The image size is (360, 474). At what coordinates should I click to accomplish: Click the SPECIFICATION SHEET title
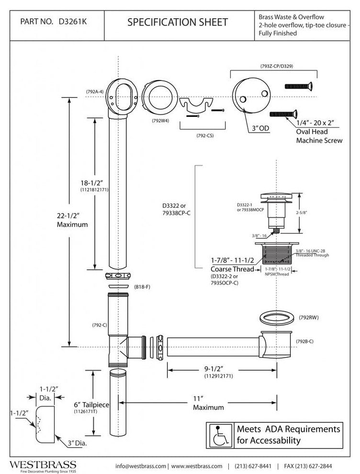pyautogui.click(x=178, y=22)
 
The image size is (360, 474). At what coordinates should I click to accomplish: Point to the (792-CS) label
pyautogui.click(x=205, y=135)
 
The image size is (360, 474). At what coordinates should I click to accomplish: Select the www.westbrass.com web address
pyautogui.click(x=197, y=466)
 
